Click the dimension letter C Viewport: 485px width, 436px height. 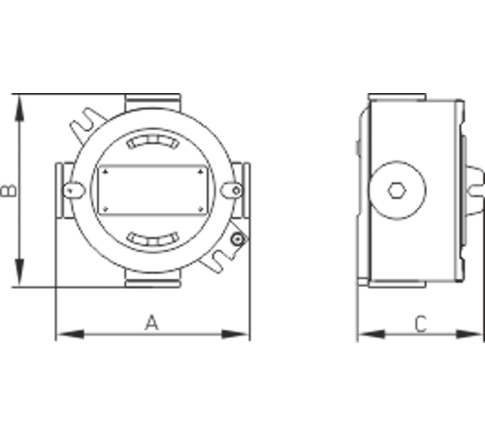pyautogui.click(x=420, y=324)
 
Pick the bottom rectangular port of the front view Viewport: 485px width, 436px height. pyautogui.click(x=151, y=282)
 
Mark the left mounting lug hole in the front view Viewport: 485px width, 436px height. pyautogui.click(x=71, y=192)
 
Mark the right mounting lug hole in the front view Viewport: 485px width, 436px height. pyautogui.click(x=232, y=192)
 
